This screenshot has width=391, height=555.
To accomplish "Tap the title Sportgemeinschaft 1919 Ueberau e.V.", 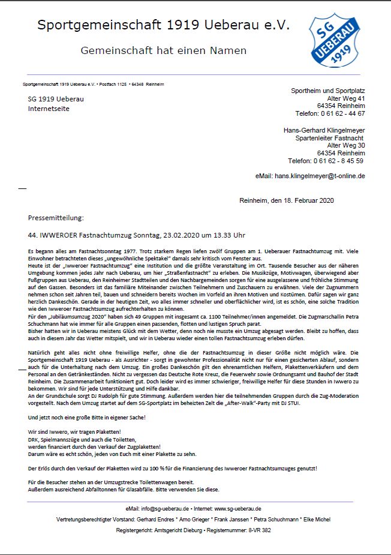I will pyautogui.click(x=163, y=25).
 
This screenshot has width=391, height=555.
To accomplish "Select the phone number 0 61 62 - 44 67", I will pyautogui.click(x=341, y=113).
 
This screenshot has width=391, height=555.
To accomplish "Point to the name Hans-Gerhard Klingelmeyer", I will pyautogui.click(x=324, y=130).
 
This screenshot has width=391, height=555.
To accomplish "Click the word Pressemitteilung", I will pyautogui.click(x=56, y=217).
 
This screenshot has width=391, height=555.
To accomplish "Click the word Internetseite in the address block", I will pyautogui.click(x=49, y=109).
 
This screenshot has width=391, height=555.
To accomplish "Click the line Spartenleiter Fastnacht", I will pyautogui.click(x=330, y=138).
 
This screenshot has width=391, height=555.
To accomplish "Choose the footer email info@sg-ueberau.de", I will pyautogui.click(x=164, y=508).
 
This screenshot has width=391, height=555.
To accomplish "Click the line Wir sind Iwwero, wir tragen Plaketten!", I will pyautogui.click(x=74, y=432).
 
